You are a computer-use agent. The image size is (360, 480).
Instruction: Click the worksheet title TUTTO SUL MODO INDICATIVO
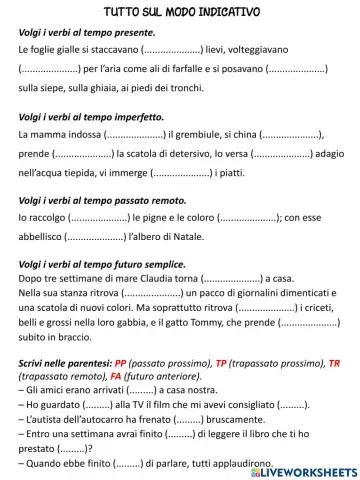pos(181,11)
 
